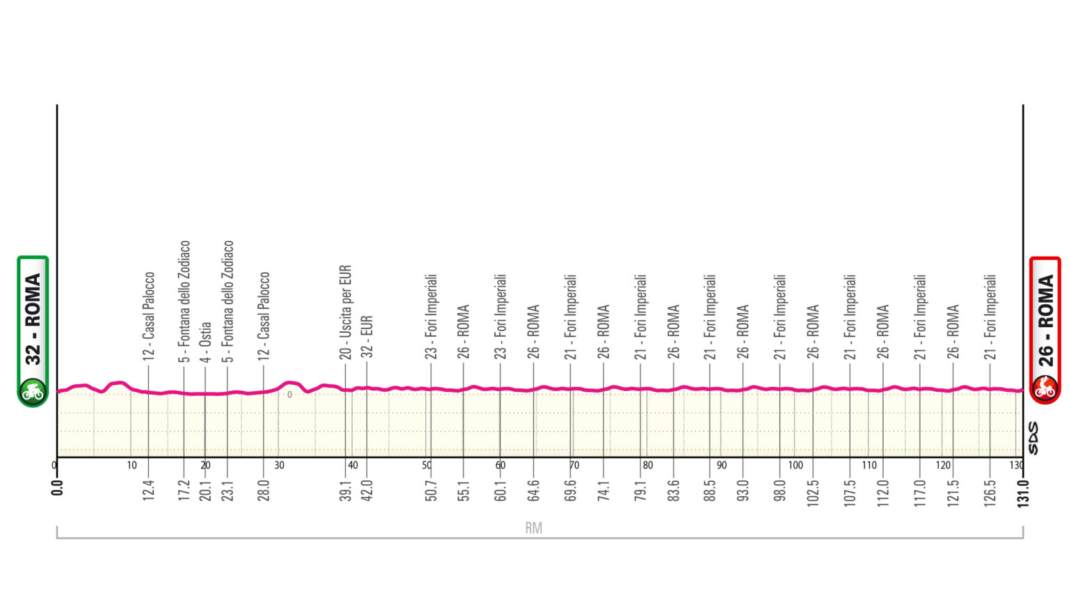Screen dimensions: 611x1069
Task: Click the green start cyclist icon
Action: click(x=32, y=392)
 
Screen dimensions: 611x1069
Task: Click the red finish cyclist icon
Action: click(x=1045, y=388)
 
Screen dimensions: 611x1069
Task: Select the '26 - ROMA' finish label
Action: click(x=1045, y=320)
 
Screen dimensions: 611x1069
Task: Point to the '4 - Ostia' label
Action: click(x=205, y=342)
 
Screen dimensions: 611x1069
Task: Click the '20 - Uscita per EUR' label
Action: click(x=346, y=312)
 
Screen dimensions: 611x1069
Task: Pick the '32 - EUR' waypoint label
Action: click(x=367, y=337)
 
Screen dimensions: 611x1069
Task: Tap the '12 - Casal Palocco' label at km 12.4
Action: click(x=148, y=315)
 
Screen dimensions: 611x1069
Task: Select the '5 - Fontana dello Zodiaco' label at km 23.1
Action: click(x=228, y=301)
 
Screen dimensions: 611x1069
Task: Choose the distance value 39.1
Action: click(x=346, y=490)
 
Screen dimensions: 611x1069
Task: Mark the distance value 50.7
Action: click(x=431, y=490)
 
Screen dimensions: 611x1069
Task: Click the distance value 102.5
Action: click(x=813, y=493)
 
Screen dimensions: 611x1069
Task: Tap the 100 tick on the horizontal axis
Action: click(x=795, y=465)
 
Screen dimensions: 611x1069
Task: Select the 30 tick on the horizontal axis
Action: click(x=279, y=465)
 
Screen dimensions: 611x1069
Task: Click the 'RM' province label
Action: click(x=534, y=528)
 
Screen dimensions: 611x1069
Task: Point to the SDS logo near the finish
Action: click(x=1033, y=438)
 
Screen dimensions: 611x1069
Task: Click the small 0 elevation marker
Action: click(x=290, y=395)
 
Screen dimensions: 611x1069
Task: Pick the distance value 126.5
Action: click(x=990, y=493)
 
